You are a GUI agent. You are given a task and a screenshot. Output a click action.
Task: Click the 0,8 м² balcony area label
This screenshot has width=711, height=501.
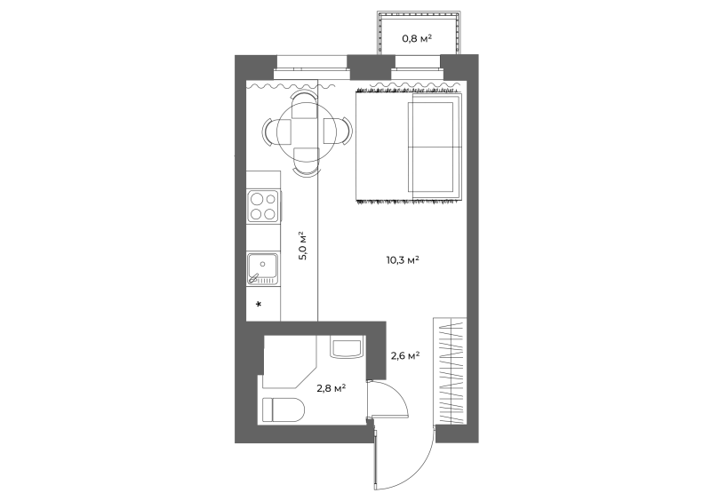pyautogui.click(x=417, y=38)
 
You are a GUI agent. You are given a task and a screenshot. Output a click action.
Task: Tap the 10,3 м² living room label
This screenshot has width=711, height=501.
pyautogui.click(x=403, y=260)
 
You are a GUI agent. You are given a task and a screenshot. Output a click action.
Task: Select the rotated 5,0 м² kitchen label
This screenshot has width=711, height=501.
pyautogui.click(x=303, y=246)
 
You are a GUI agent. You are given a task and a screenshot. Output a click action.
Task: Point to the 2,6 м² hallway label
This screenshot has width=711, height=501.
pyautogui.click(x=405, y=356)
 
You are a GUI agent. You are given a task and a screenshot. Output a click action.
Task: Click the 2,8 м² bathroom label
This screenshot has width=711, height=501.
pyautogui.click(x=332, y=388)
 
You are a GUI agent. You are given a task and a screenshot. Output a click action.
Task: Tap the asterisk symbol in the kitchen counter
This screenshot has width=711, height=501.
pyautogui.click(x=259, y=304)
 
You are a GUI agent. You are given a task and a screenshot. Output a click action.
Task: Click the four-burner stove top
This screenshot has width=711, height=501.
pyautogui.click(x=263, y=206)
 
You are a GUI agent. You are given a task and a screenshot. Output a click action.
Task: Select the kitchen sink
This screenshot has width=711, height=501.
pyautogui.click(x=262, y=268)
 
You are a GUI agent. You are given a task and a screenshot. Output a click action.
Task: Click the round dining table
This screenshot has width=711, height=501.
pyautogui.click(x=306, y=131)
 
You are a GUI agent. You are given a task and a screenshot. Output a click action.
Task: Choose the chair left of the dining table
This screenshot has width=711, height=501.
pyautogui.click(x=276, y=132)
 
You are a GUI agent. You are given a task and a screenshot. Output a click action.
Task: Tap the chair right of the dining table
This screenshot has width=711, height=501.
pyautogui.click(x=338, y=131)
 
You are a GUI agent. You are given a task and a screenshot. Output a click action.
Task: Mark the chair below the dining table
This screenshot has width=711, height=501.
pyautogui.click(x=307, y=162)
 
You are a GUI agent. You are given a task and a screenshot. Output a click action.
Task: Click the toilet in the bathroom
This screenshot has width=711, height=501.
pyautogui.click(x=284, y=410)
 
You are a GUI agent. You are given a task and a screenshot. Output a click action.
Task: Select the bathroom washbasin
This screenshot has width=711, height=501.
pyautogui.click(x=347, y=346)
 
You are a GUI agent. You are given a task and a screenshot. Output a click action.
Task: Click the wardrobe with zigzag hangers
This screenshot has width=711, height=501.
pyautogui.click(x=450, y=371)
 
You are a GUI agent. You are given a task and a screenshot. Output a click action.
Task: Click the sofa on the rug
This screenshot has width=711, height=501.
pyautogui.click(x=435, y=147)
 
